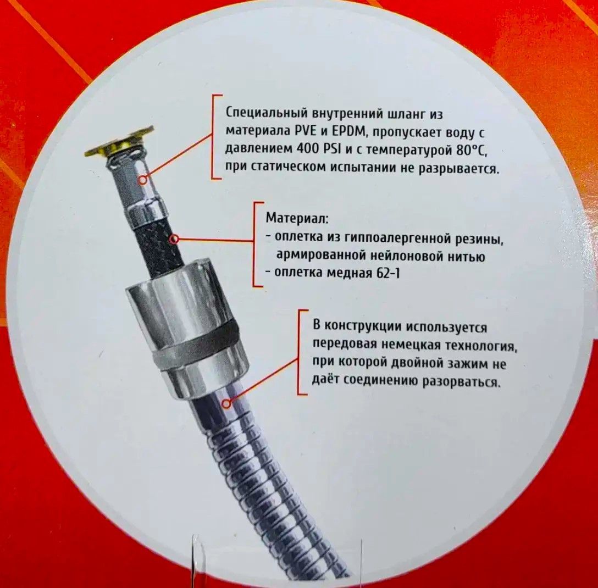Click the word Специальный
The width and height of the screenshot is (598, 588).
click(x=267, y=114)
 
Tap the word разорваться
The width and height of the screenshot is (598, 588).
click(x=461, y=381)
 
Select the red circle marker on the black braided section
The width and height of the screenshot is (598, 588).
click(x=174, y=239)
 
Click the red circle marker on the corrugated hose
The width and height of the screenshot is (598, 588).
click(x=226, y=403)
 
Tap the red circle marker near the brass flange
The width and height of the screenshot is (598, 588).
click(x=142, y=180)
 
